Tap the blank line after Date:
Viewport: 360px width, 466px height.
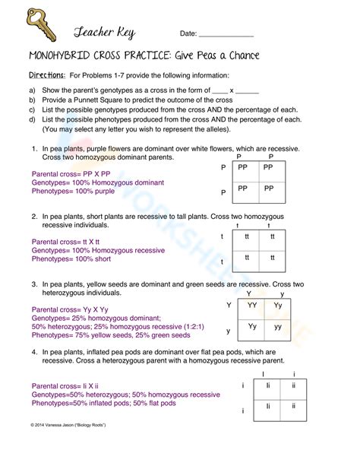point(226,34)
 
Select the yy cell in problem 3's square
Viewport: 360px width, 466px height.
point(278,327)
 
